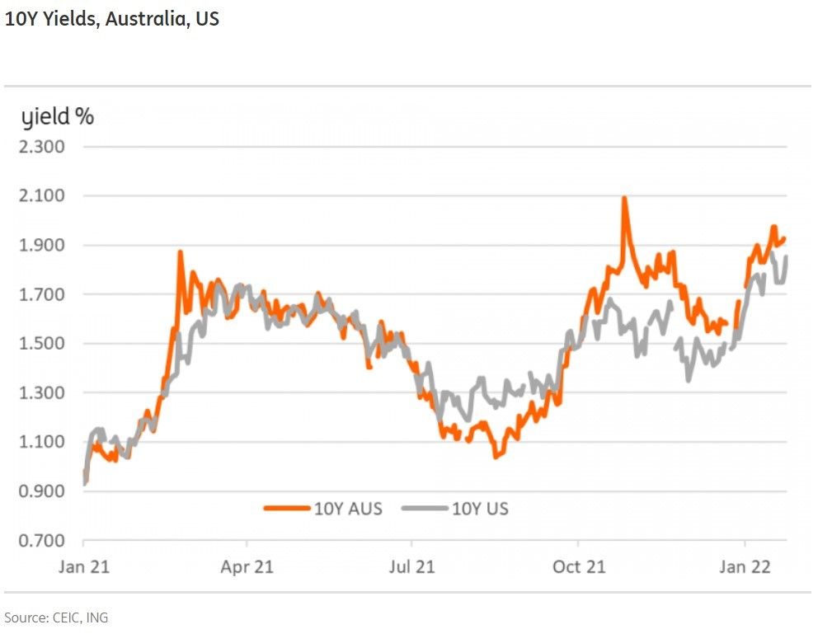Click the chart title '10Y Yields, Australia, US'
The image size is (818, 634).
point(112,19)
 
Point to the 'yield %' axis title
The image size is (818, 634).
point(58,117)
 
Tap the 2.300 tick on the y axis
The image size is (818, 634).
point(41,148)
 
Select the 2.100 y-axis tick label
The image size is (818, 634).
point(41,196)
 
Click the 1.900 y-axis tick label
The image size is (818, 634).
point(41,246)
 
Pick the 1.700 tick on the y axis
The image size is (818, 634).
point(41,294)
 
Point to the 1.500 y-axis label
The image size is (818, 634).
point(41,344)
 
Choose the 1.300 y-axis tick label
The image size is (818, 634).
point(41,393)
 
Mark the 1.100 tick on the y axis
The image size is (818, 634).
point(41,442)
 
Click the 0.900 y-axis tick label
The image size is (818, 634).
point(41,491)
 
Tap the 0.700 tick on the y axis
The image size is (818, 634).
point(41,541)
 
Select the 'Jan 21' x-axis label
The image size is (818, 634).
point(84,567)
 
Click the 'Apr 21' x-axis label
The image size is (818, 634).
point(247,567)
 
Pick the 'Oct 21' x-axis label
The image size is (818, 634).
point(578,567)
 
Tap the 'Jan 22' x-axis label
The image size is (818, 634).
point(745,567)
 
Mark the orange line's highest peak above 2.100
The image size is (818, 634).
point(624,199)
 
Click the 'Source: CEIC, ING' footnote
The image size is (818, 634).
point(56,618)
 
